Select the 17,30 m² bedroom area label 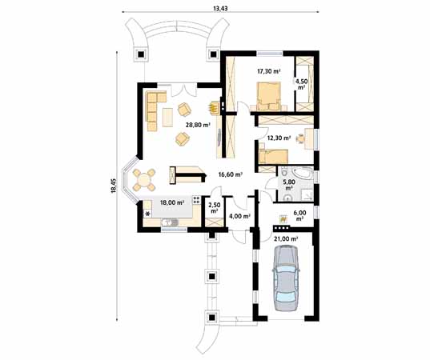point(268,71)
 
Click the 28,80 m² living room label point(197,125)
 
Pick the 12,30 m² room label point(278,138)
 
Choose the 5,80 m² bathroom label point(289,185)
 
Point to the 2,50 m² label point(214,208)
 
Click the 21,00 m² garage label point(286,238)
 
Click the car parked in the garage point(286,276)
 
